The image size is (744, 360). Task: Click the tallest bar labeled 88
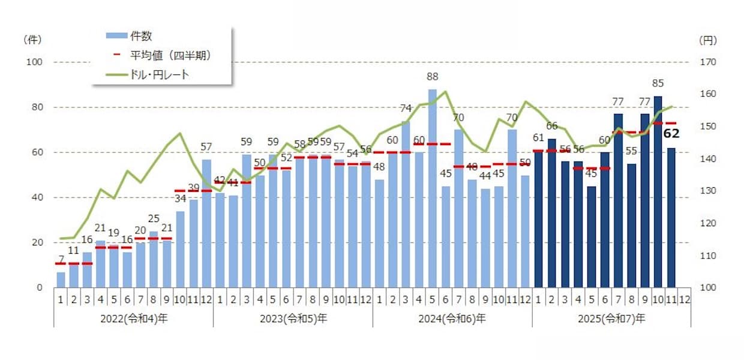pos(433,188)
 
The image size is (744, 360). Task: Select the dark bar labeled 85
pos(658,192)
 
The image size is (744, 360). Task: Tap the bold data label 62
pos(671,133)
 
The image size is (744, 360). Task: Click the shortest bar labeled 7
pos(61,280)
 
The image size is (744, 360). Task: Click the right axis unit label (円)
pos(708,40)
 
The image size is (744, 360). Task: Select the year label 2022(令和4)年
pos(133,319)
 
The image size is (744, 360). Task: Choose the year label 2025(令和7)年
pos(611,319)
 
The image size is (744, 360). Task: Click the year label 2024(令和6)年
pos(452,319)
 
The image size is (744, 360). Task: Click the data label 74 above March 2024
pos(406,109)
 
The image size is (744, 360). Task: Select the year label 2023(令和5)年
pos(293,319)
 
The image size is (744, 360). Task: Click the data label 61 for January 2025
pos(538,139)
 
